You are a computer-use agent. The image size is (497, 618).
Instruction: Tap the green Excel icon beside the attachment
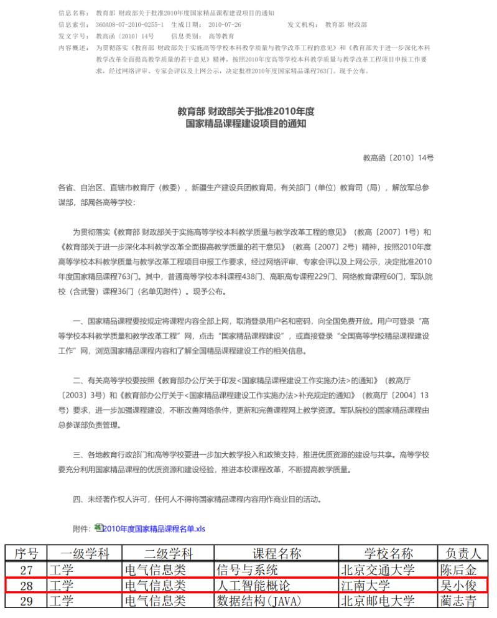(99, 528)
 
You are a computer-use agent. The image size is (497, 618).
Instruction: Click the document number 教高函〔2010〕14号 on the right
(398, 158)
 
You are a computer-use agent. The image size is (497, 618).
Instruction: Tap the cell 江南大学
(365, 586)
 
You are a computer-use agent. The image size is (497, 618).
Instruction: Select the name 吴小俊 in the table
(458, 586)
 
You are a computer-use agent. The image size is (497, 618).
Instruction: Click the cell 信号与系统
(247, 570)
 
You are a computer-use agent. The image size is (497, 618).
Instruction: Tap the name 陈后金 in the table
(458, 570)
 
